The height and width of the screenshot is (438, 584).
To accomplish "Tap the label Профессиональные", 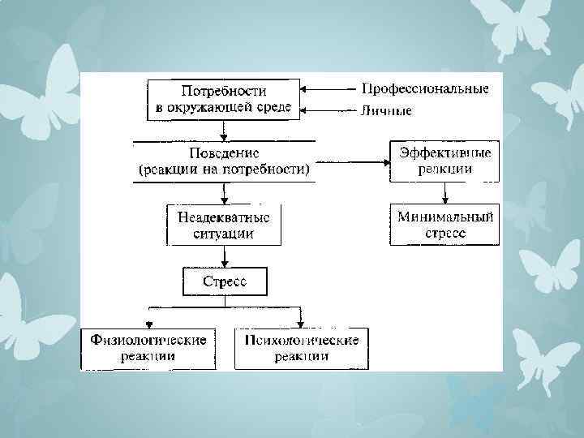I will [x=425, y=88].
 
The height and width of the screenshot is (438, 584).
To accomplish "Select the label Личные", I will [x=387, y=111].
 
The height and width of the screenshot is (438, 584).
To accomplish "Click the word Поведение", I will [x=223, y=152].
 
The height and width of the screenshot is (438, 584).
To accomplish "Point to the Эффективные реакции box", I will [x=445, y=161].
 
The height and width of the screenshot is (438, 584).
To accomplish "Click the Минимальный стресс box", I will [x=445, y=225].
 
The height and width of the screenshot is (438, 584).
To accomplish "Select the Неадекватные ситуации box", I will [x=223, y=225].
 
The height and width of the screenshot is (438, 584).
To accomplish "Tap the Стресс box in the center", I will [x=223, y=282].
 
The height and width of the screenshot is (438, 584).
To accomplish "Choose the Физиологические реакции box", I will [x=148, y=348].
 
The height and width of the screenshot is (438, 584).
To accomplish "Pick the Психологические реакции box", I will [x=301, y=348].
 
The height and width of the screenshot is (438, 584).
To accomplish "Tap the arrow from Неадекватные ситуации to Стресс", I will [x=223, y=257].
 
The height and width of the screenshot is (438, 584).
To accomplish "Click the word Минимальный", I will [x=445, y=217].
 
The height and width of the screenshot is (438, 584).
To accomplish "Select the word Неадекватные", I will [x=223, y=217].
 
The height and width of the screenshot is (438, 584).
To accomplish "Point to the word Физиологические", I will [x=148, y=340].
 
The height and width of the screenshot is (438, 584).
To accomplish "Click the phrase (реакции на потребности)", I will [x=223, y=170].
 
